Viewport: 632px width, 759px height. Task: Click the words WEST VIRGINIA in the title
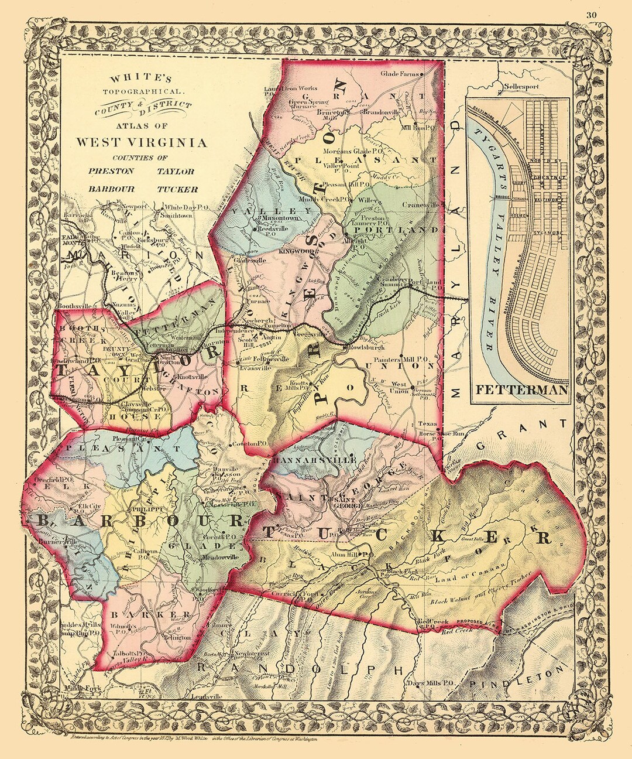[x=140, y=142]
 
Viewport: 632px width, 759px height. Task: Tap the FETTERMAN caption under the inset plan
[x=521, y=391]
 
